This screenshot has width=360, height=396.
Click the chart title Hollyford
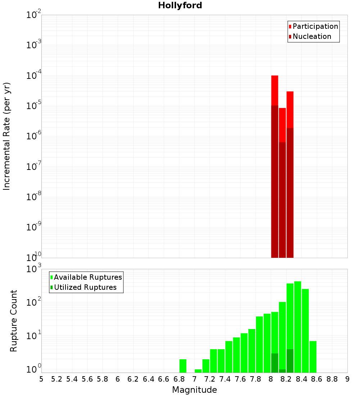(x=180, y=5)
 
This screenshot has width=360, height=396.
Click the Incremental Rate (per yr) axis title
(x=7, y=136)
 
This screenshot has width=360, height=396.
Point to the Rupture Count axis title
(x=14, y=320)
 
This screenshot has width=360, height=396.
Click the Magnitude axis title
(x=194, y=390)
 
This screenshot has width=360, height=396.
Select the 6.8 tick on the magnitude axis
(x=179, y=379)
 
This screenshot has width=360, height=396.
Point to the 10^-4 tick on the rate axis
(x=34, y=76)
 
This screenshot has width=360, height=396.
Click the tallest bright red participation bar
(x=275, y=90)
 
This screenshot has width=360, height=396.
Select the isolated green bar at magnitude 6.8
(x=183, y=365)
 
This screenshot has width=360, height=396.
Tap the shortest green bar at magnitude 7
(x=198, y=370)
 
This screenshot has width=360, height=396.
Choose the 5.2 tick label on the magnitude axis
(x=57, y=379)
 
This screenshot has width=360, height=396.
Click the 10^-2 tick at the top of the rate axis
(x=34, y=15)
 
